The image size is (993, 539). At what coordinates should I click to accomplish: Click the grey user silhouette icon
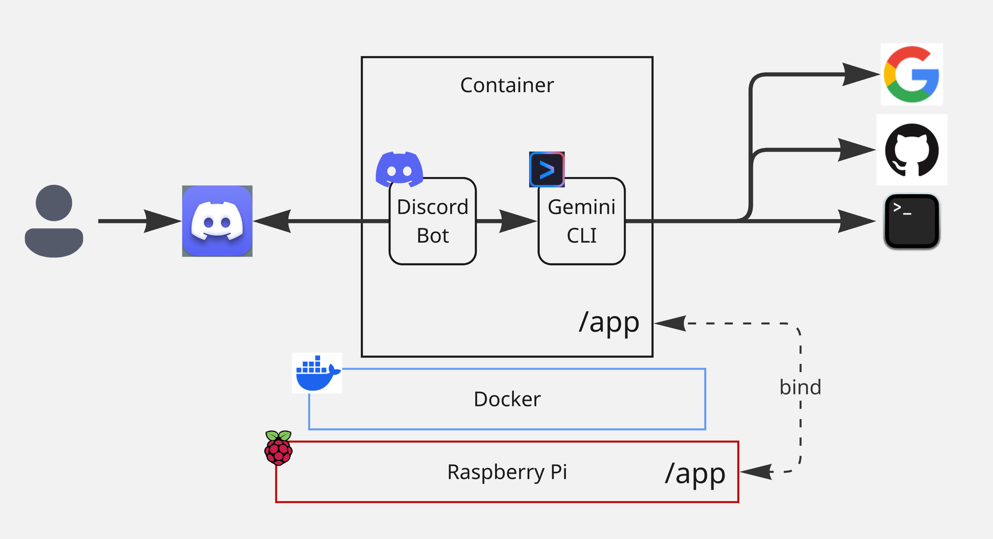click(54, 221)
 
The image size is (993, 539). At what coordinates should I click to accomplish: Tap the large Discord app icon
click(217, 221)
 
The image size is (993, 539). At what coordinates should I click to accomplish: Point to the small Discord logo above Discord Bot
click(399, 169)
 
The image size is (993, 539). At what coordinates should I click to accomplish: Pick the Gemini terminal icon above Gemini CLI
click(547, 169)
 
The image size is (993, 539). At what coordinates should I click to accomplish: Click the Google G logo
click(912, 74)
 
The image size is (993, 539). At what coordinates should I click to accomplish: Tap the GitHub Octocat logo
click(912, 150)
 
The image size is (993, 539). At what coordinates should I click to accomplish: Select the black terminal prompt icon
click(912, 221)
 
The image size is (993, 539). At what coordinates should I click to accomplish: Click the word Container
click(506, 85)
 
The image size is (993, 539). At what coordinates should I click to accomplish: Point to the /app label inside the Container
click(609, 322)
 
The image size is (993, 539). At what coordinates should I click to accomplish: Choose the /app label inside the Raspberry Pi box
click(695, 473)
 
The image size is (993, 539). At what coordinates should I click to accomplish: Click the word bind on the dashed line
click(800, 387)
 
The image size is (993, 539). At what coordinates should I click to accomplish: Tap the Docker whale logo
click(317, 373)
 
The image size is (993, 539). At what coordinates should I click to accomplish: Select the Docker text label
click(506, 399)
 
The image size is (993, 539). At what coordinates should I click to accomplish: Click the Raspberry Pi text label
click(506, 472)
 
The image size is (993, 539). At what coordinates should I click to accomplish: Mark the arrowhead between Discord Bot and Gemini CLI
click(516, 221)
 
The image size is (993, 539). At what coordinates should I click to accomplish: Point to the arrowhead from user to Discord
click(161, 221)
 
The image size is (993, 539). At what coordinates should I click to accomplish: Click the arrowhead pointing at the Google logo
click(860, 75)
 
